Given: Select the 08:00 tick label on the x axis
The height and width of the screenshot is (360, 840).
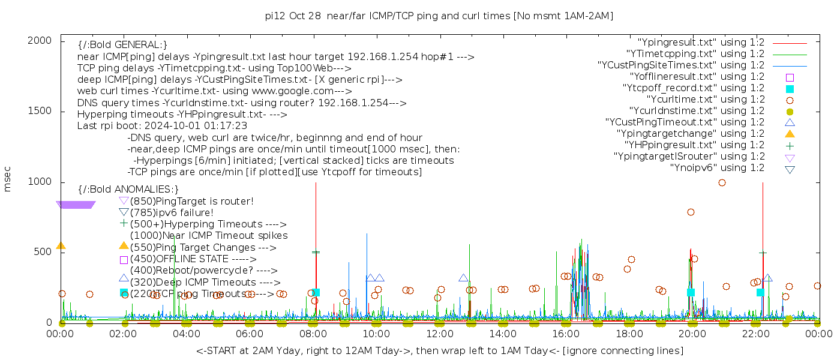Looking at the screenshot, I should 313,334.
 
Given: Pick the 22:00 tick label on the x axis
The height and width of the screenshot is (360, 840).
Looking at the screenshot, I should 755,334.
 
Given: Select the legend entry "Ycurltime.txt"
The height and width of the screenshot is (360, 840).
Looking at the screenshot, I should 705,100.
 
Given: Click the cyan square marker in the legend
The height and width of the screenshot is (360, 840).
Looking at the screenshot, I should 790,89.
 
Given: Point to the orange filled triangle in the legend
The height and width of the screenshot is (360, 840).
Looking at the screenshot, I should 790,134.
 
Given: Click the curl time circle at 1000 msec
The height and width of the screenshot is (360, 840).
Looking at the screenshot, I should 722,182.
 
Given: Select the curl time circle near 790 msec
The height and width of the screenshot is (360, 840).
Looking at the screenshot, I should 691,212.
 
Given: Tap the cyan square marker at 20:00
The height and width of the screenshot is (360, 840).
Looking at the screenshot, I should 691,292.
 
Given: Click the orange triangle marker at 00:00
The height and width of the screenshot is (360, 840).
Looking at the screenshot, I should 61,245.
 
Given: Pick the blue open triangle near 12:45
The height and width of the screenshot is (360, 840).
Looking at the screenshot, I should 463,278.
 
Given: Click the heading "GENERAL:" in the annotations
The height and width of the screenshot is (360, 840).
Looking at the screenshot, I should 122,45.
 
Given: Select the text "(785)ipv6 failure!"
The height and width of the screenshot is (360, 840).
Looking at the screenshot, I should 172,212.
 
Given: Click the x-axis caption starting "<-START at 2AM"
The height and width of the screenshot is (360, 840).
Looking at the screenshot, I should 439,350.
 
